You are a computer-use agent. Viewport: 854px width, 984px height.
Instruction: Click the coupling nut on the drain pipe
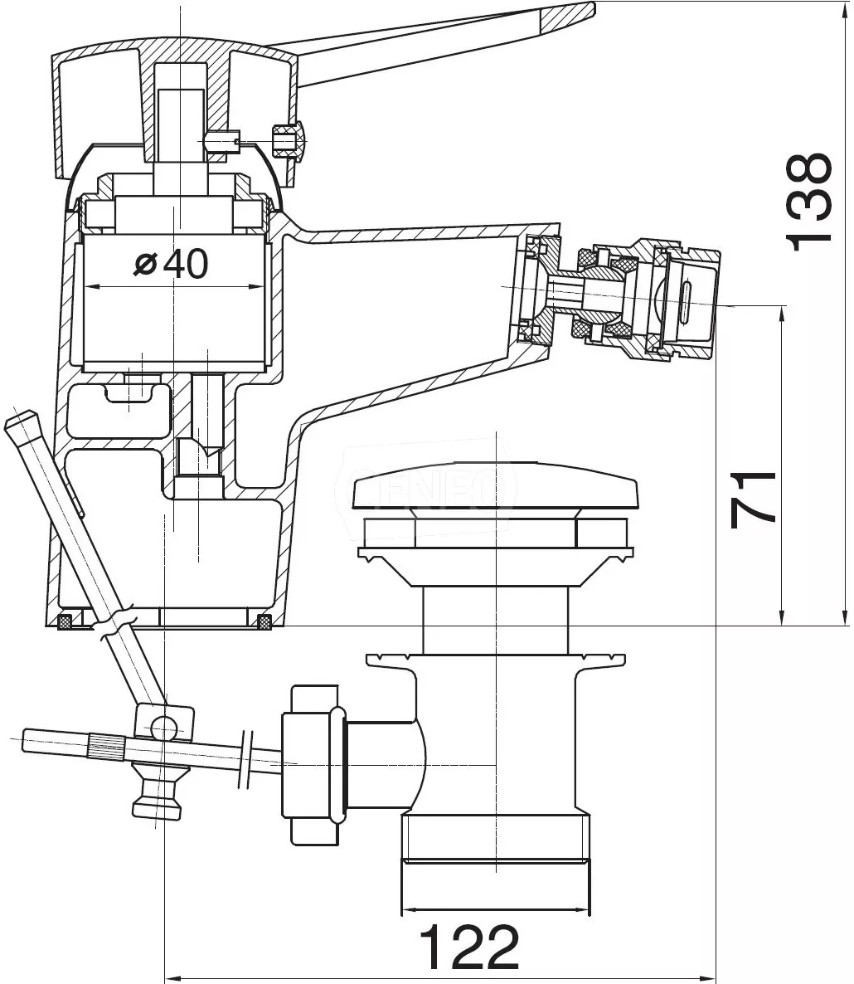tap(312, 763)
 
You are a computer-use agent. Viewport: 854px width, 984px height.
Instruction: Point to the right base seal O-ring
tap(264, 620)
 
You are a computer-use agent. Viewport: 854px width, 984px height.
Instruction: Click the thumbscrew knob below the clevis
tap(157, 792)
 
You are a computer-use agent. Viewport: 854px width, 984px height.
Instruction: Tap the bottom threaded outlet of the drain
tap(496, 863)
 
